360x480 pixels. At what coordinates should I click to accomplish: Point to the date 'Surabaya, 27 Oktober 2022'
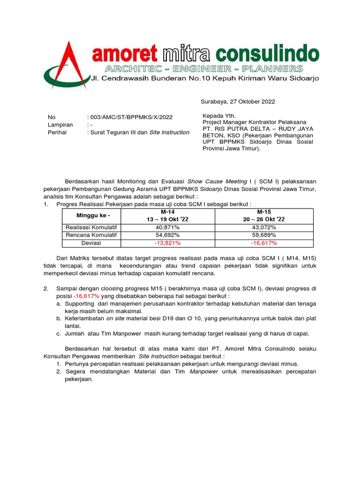click(x=238, y=101)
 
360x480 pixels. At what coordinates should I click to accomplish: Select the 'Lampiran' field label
click(x=60, y=125)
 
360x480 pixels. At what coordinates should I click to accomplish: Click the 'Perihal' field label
click(x=57, y=132)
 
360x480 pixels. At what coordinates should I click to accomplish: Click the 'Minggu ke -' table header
click(x=91, y=216)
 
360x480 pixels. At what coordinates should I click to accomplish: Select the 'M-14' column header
click(x=167, y=212)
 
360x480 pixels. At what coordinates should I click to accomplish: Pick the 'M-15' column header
click(x=264, y=212)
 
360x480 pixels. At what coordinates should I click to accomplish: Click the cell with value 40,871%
click(x=167, y=227)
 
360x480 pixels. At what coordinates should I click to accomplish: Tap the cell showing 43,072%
click(x=264, y=227)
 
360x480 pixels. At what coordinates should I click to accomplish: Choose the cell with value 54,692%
click(x=167, y=235)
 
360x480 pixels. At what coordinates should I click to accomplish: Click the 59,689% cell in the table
click(x=264, y=235)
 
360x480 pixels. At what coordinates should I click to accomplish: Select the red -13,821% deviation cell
click(x=167, y=243)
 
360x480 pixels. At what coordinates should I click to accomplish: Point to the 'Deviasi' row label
click(x=91, y=243)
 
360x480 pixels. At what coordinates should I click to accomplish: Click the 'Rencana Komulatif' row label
click(x=91, y=235)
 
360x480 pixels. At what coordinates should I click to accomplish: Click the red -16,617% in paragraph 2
click(x=86, y=297)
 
